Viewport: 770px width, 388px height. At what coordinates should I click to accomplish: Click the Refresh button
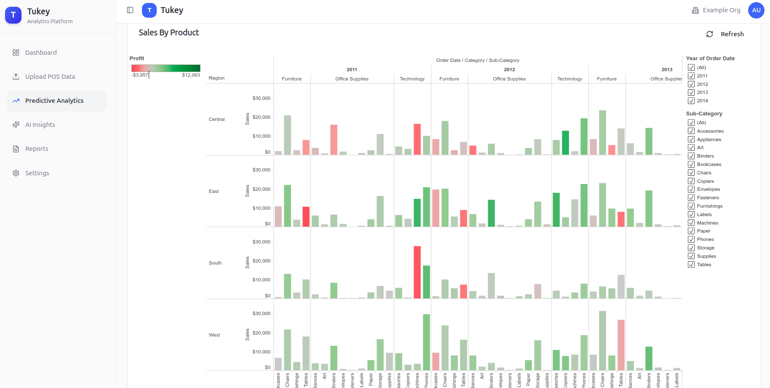(x=725, y=34)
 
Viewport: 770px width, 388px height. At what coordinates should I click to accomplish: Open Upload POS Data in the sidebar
(x=50, y=77)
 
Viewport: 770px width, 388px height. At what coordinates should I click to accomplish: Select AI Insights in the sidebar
(x=40, y=125)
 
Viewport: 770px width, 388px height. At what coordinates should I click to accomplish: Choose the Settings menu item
(x=37, y=173)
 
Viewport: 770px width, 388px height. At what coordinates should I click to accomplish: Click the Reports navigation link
(x=37, y=149)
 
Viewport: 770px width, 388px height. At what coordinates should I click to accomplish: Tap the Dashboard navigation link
(x=41, y=53)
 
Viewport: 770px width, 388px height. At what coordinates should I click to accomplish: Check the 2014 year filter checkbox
(x=691, y=101)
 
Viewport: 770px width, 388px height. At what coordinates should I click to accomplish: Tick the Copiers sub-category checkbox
(x=691, y=181)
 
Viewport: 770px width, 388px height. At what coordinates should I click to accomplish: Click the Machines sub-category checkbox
(x=691, y=223)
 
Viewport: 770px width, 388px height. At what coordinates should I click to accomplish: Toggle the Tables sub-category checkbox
(x=691, y=265)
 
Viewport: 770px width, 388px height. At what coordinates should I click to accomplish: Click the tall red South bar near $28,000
(x=417, y=272)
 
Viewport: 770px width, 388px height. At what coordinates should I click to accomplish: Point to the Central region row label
(x=217, y=119)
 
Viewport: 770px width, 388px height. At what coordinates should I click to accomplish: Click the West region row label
(x=214, y=335)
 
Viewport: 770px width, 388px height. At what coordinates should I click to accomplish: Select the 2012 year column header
(x=509, y=70)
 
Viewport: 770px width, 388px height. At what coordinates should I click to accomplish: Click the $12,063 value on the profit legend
(x=191, y=75)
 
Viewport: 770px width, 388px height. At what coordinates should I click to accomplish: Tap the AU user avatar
(x=756, y=10)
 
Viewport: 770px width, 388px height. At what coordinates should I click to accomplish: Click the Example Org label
(x=721, y=10)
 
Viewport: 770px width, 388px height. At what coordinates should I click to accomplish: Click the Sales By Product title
(x=169, y=32)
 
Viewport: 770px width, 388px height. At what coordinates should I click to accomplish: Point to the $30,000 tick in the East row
(x=261, y=170)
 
